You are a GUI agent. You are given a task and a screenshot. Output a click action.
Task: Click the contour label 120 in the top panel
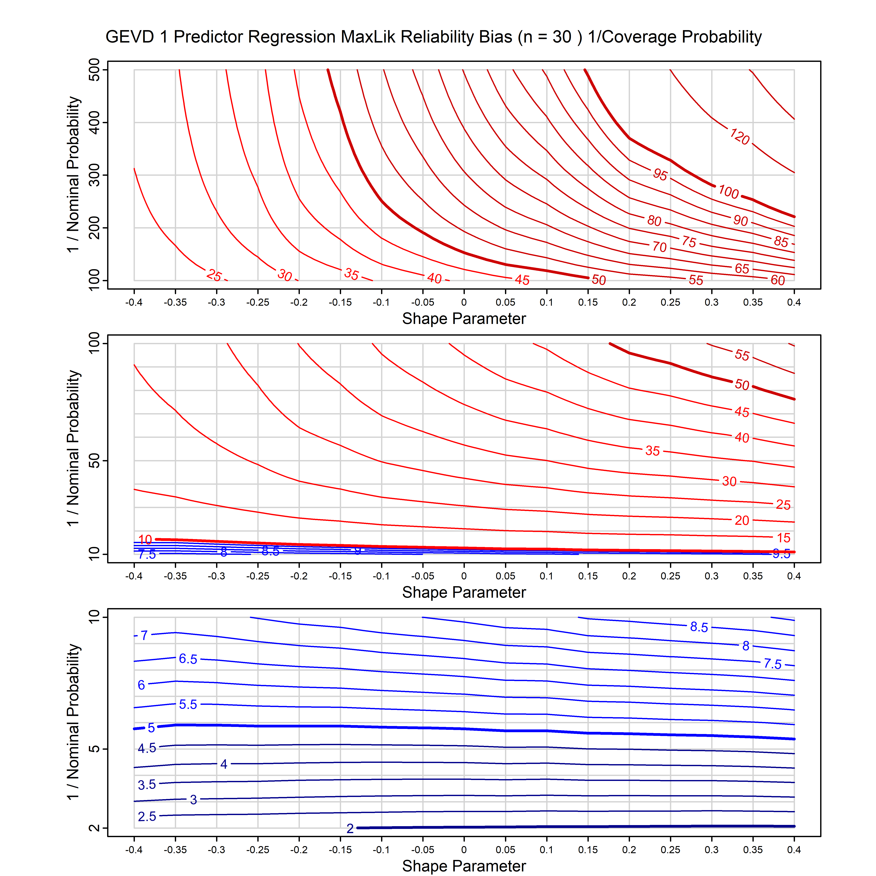(739, 137)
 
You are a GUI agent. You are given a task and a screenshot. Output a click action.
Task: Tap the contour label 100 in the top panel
(728, 192)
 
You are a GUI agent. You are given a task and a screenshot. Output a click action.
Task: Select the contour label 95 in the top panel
(660, 174)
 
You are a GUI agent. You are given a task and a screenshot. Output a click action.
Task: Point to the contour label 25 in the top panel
(214, 275)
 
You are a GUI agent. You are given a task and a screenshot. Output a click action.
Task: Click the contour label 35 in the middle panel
(652, 451)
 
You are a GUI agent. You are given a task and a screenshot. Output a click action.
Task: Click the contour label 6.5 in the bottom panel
(188, 659)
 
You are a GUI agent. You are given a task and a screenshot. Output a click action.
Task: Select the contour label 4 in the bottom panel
(224, 764)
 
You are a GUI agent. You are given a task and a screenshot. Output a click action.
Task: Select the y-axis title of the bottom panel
(73, 722)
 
